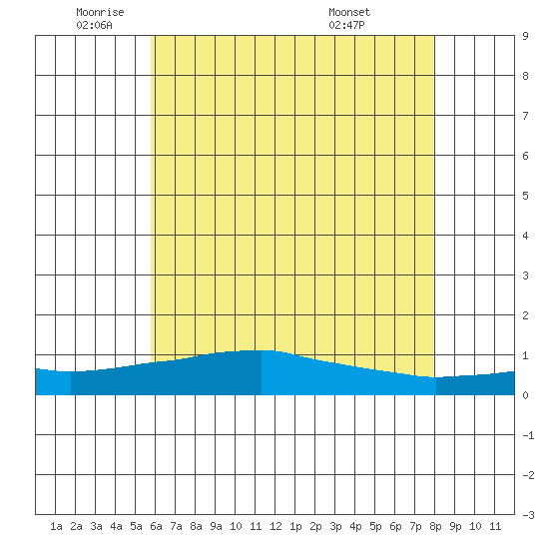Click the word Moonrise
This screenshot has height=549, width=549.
100,12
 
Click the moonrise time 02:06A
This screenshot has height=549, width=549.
94,25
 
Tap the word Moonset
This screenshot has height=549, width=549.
349,12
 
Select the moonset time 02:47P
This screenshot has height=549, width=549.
346,25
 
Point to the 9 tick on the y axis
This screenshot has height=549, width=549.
525,36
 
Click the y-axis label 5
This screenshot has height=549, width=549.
525,196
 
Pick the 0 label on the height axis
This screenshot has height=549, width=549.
525,395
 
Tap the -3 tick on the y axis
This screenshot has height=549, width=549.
528,515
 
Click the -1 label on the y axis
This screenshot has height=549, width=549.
528,435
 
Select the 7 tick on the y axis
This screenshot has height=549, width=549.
525,116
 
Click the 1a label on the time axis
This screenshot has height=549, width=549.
56,526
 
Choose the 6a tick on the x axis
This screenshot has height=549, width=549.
156,526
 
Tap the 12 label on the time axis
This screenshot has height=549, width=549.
275,526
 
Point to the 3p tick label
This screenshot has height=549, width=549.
335,526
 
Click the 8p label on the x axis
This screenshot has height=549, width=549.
435,526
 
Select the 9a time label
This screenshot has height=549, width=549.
216,526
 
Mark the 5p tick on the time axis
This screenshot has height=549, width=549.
375,526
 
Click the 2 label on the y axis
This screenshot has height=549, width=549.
525,315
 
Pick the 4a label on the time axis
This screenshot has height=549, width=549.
116,526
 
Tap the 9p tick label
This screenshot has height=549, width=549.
455,526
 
